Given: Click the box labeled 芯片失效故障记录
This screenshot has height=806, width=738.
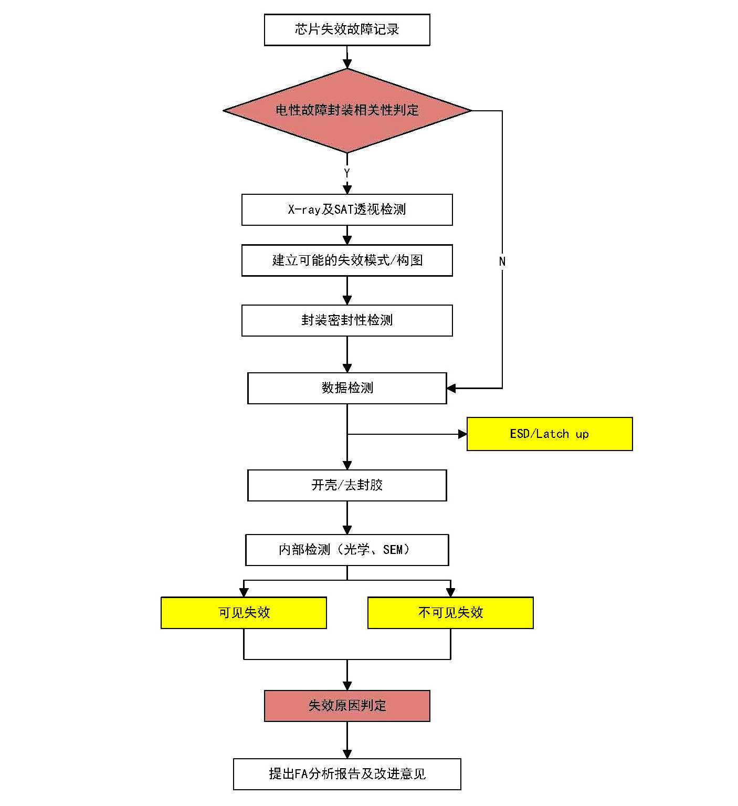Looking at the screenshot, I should click(x=347, y=30).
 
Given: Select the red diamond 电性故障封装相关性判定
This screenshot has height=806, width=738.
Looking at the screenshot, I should click(x=347, y=110).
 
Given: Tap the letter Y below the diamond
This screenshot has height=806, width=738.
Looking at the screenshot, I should click(x=347, y=173).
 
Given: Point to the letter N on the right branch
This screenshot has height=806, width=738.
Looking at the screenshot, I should click(x=502, y=261).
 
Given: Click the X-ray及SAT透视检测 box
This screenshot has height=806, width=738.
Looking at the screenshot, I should click(x=347, y=210).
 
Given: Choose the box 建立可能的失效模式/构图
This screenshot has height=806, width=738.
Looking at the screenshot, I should click(x=347, y=260).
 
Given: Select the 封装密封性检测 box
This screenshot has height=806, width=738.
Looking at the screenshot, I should click(x=347, y=320).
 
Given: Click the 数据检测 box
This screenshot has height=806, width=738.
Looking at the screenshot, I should click(x=347, y=388).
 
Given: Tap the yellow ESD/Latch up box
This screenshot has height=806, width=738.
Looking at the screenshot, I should click(x=550, y=434).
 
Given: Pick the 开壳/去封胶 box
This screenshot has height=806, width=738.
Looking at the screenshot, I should click(x=347, y=485).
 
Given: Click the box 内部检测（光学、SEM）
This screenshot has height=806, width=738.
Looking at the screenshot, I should click(x=347, y=550).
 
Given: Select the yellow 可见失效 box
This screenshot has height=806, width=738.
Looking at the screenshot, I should click(x=244, y=613).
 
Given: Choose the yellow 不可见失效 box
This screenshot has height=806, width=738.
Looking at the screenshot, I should click(x=450, y=613).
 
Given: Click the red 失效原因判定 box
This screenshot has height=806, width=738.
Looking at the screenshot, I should click(x=347, y=706).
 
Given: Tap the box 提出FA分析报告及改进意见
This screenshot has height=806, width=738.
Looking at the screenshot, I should click(x=347, y=774).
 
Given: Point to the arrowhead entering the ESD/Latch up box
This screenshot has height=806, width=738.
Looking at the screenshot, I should click(x=462, y=434).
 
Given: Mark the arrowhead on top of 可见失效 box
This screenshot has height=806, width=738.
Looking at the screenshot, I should click(x=244, y=592).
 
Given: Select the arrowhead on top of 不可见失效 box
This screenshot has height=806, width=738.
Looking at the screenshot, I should click(x=450, y=592).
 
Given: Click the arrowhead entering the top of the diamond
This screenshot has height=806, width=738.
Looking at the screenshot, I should click(x=347, y=64).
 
